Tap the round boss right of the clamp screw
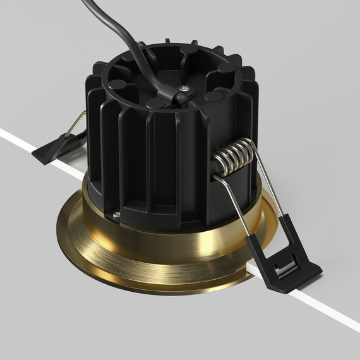pos(213,95)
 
